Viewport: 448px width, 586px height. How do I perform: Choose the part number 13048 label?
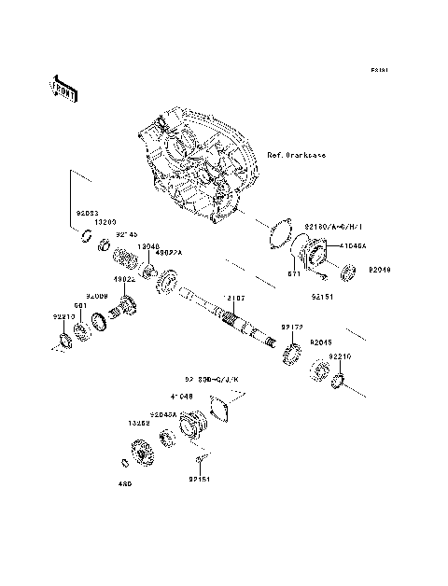pos(149,246)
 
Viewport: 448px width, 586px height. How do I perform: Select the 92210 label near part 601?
pos(63,316)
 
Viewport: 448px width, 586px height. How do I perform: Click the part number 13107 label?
pos(233,299)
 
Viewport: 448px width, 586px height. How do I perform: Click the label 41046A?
pos(354,245)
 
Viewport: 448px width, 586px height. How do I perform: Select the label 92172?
pos(293,328)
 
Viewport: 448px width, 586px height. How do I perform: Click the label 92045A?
pos(164,413)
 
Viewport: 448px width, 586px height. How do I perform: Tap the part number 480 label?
pos(124,483)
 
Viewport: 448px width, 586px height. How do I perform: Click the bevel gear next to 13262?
pos(144,452)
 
